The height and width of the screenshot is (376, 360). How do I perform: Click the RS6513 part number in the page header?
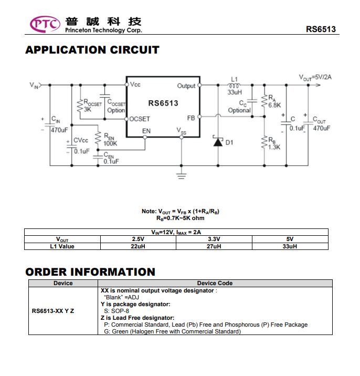(x=321, y=29)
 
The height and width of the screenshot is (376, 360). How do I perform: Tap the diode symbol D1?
(x=218, y=141)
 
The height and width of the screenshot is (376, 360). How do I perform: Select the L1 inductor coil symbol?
(x=234, y=86)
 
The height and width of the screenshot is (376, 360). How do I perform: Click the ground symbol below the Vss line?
(x=182, y=176)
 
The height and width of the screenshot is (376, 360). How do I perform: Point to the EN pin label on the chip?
(x=146, y=131)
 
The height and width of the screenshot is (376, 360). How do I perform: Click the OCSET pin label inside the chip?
(x=140, y=119)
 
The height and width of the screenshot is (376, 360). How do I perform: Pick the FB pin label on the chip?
(x=191, y=118)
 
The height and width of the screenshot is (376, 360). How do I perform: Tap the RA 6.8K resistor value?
(x=274, y=105)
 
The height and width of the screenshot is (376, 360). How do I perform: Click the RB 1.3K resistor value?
(x=274, y=147)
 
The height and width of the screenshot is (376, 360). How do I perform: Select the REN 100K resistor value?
(x=110, y=143)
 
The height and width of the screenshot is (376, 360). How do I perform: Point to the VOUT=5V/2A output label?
(x=315, y=77)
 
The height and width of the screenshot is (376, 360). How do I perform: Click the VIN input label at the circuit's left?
(x=34, y=86)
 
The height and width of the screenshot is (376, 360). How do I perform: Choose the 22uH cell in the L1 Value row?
(x=138, y=246)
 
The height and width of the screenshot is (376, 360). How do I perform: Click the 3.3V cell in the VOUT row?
(x=214, y=239)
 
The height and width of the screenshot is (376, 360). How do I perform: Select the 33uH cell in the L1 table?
(x=290, y=246)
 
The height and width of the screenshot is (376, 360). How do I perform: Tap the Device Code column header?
(x=215, y=283)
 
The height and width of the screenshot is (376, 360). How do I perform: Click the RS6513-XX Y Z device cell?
(x=53, y=311)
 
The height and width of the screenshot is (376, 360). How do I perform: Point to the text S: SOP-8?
(x=117, y=311)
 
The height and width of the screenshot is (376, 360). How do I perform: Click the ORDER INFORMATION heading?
(x=90, y=272)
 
